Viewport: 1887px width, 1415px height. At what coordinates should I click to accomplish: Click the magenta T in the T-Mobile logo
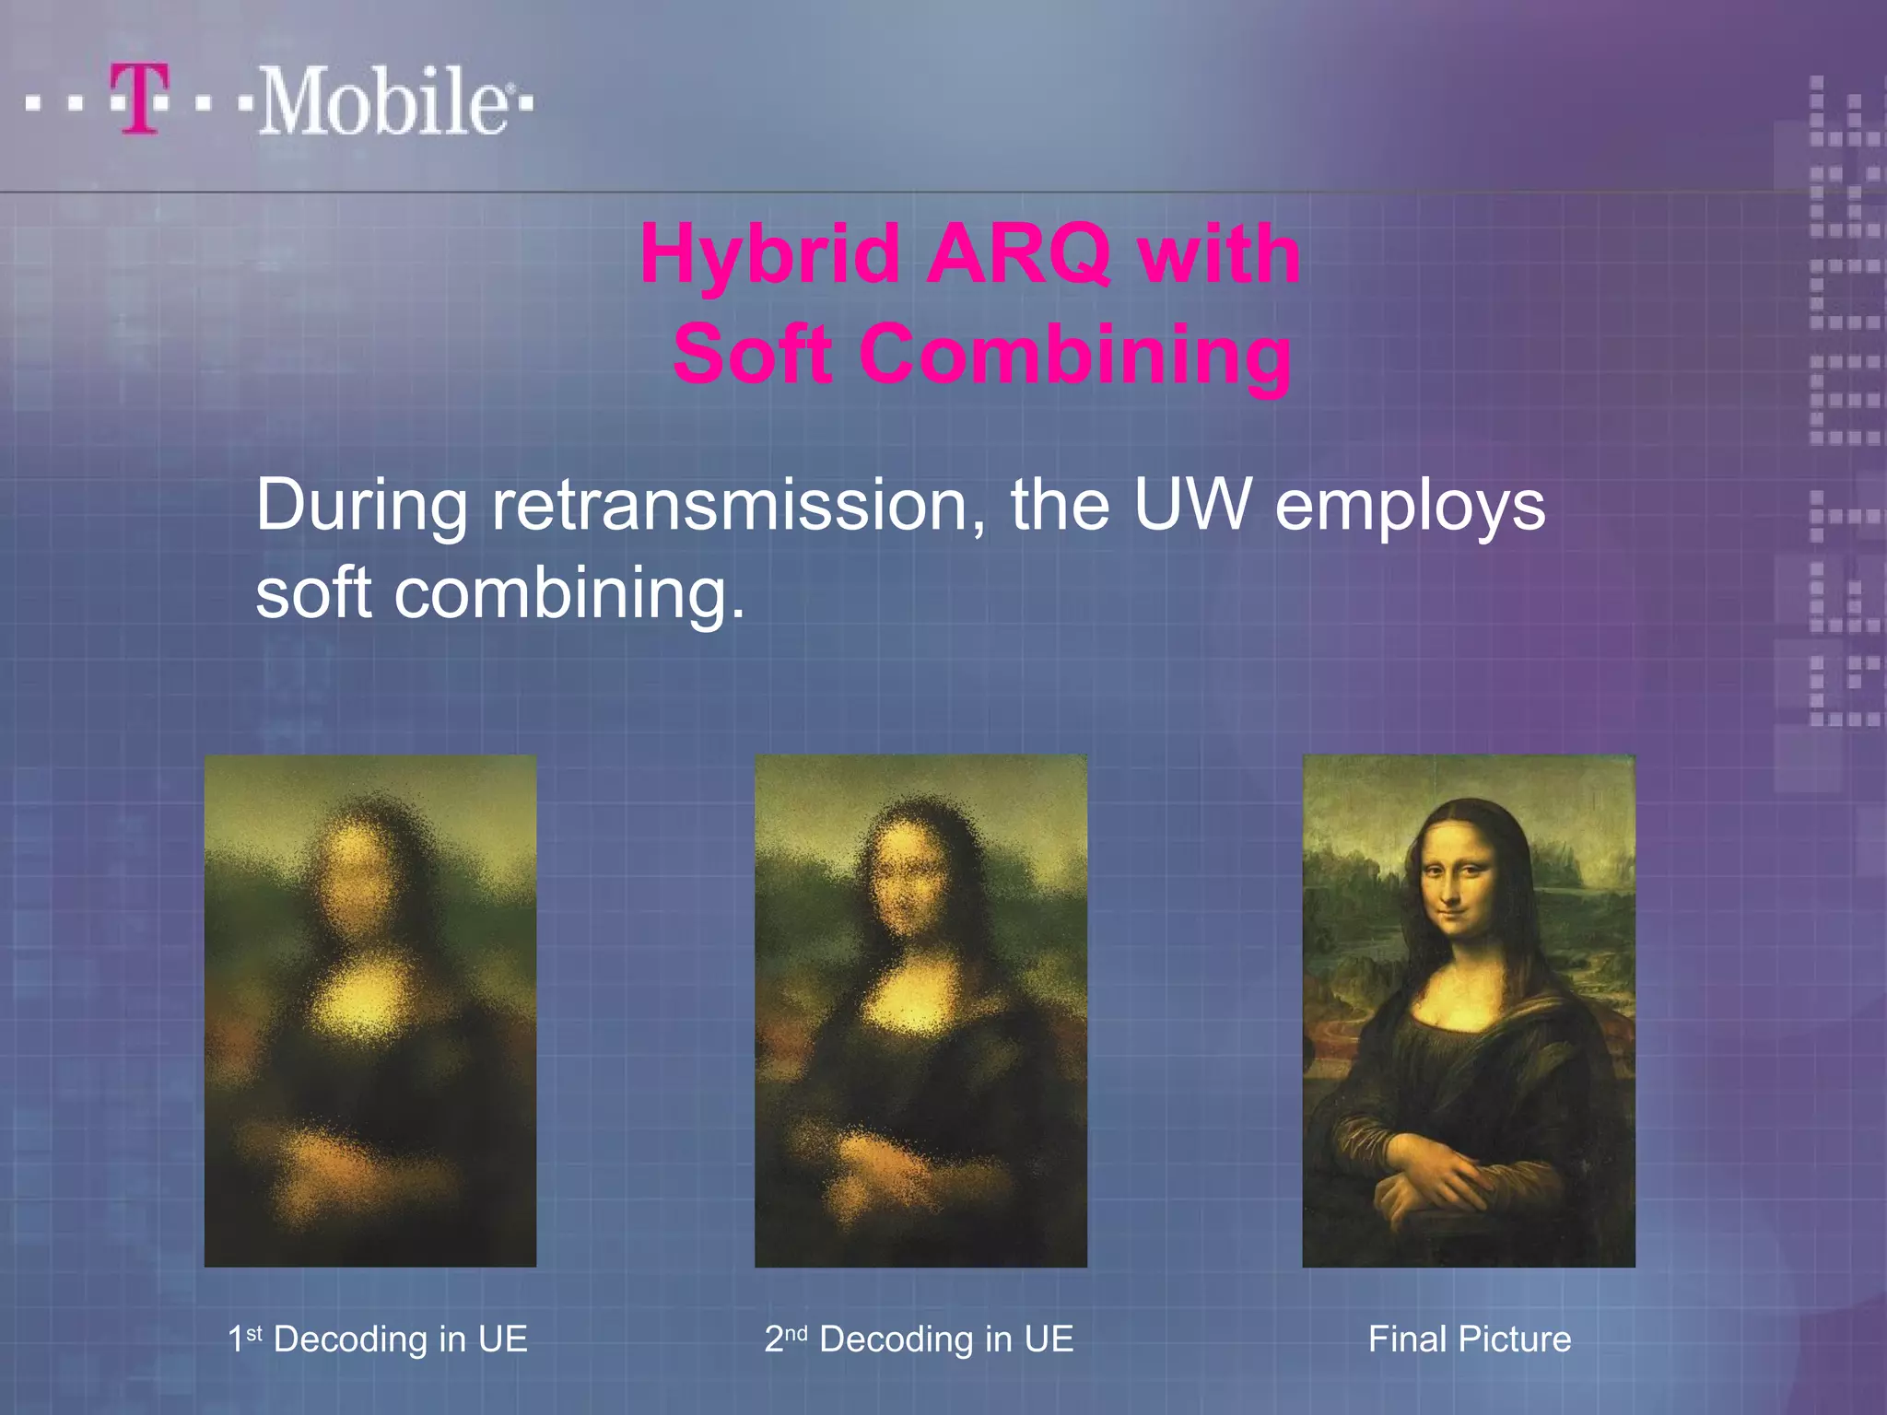point(140,99)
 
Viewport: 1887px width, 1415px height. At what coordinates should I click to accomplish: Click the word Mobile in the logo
point(382,101)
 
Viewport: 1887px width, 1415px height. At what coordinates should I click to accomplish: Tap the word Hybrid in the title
point(770,254)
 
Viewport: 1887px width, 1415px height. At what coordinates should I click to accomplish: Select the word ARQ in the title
point(1018,254)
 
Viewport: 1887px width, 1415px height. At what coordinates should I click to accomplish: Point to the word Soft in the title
point(752,354)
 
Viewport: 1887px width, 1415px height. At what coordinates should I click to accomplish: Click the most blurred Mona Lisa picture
point(370,1011)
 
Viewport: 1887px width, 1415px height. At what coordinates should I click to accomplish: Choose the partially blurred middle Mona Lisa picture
point(920,1011)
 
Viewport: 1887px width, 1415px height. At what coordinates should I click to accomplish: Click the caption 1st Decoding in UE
point(378,1339)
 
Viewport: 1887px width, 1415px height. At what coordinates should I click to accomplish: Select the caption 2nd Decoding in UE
point(919,1339)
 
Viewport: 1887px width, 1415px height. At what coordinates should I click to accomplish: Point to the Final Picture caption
point(1470,1339)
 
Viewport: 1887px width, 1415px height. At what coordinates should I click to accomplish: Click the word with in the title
point(1219,254)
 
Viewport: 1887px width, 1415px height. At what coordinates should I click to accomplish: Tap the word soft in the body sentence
point(313,593)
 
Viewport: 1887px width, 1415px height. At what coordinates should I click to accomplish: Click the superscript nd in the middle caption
point(796,1331)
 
